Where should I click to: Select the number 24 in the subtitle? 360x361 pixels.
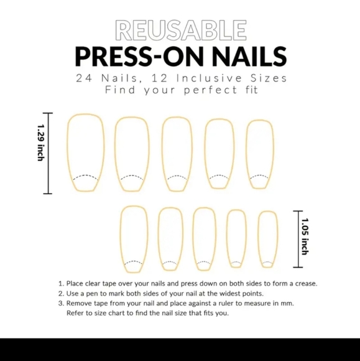[x=85, y=78]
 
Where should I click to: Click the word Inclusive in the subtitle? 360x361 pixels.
[x=210, y=78]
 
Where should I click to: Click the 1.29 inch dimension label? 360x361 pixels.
[x=40, y=143]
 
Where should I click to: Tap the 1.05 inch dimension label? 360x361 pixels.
[x=304, y=236]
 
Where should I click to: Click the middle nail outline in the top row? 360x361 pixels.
[x=177, y=153]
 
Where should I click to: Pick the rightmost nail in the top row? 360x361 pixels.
[x=260, y=152]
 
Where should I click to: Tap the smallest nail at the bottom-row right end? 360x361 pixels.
[x=267, y=239]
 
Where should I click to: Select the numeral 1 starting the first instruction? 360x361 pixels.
[x=60, y=284]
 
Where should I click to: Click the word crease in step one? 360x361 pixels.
[x=304, y=284]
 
